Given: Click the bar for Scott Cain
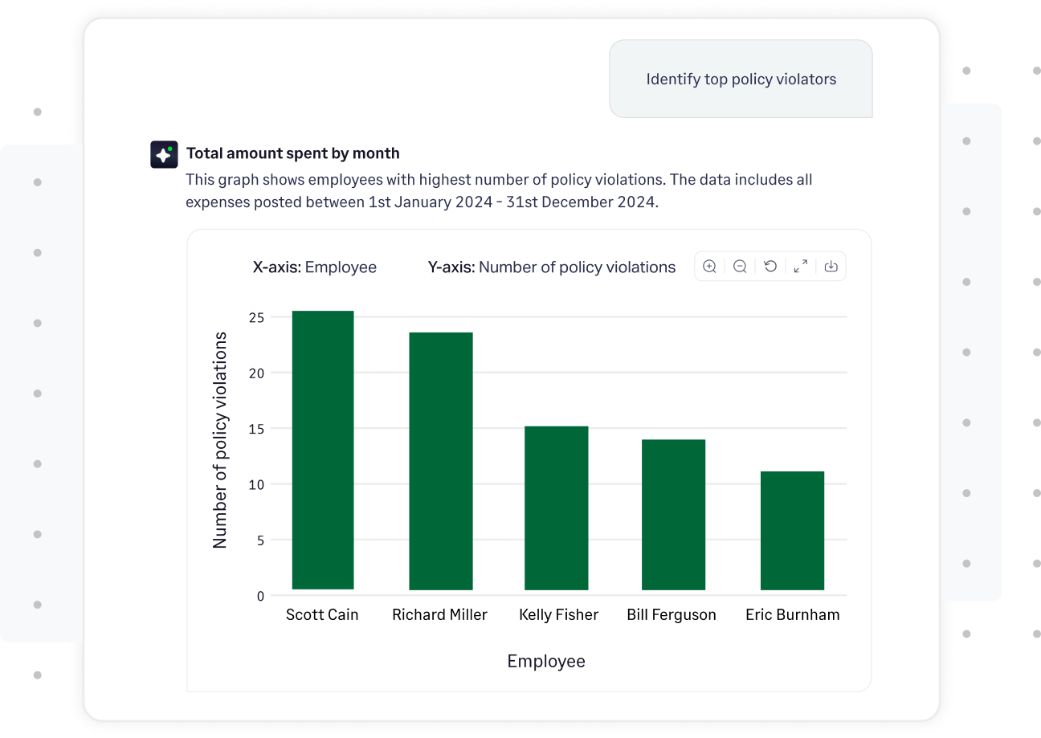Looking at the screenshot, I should coord(323,450).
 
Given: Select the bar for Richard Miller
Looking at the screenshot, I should coord(440,462).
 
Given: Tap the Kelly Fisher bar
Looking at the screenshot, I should coord(556,508).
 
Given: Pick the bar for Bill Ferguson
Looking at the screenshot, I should coord(673,515).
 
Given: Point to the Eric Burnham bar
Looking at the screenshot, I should coord(792,531).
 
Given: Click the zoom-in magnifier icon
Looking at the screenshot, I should coord(709,267).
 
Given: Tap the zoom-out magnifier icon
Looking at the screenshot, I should coord(740,267).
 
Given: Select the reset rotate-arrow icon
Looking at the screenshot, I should coord(770,267).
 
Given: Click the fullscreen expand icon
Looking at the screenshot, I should coord(801,267).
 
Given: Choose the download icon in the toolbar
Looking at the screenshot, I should coord(831,267).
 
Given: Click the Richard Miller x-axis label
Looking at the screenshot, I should coord(439,615).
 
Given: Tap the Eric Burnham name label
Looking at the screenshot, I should coord(792,615).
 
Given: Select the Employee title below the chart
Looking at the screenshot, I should coord(546,662).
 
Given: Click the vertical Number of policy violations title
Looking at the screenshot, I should coord(219,440).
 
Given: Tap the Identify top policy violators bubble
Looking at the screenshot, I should coord(741,80).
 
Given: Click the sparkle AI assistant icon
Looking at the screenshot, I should coord(164,154).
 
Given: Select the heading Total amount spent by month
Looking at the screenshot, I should coord(292,153).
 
